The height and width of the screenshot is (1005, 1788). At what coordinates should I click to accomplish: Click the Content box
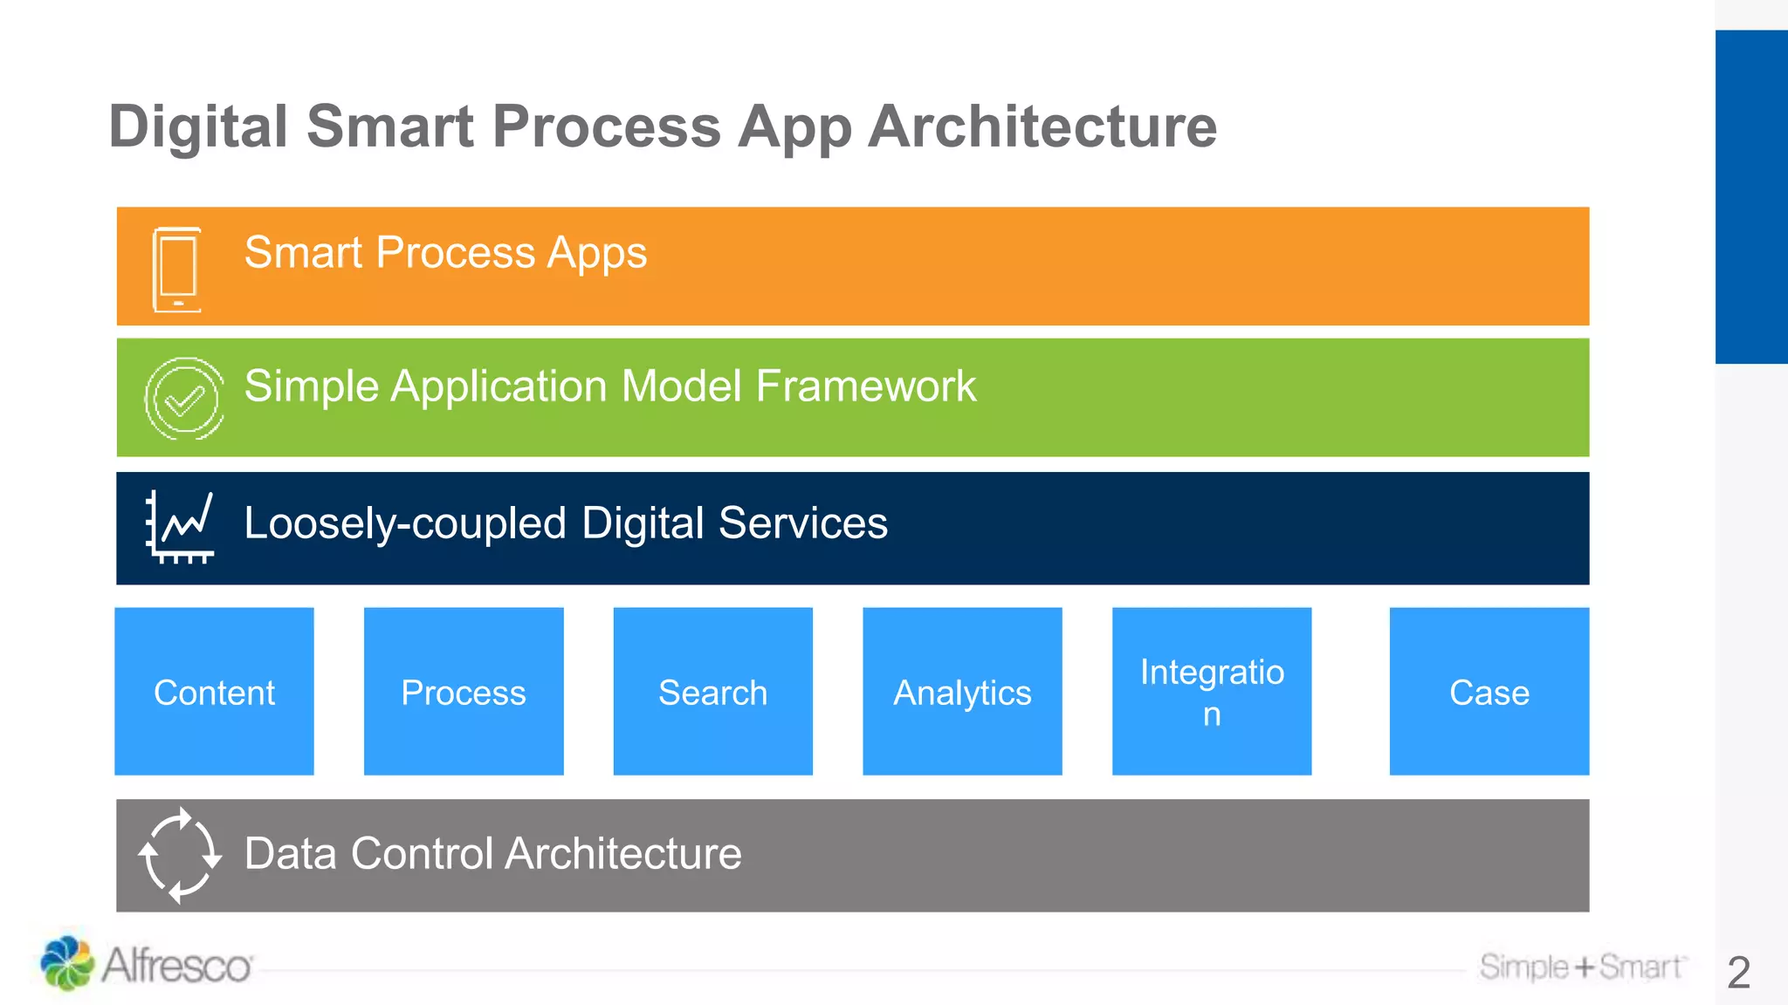tap(214, 691)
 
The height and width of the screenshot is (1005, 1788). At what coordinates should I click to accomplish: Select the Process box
tap(464, 691)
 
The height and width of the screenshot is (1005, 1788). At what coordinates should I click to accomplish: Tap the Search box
tap(712, 691)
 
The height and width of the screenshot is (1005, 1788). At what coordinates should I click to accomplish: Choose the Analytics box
tap(962, 691)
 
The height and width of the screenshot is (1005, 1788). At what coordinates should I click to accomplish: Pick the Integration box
tap(1212, 691)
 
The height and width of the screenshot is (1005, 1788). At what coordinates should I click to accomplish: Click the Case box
tap(1489, 691)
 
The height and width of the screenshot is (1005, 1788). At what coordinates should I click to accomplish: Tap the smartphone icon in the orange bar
tap(177, 269)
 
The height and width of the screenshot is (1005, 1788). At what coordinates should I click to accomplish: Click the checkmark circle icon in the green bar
tap(184, 399)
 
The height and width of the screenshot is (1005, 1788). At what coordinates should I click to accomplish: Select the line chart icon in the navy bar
tap(181, 527)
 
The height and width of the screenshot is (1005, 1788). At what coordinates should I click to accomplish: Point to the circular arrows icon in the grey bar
tap(180, 855)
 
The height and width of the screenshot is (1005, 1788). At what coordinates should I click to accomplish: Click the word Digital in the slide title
tap(198, 127)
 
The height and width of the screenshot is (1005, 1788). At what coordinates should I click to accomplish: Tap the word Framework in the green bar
tap(865, 386)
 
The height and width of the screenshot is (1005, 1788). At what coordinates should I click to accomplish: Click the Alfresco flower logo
tap(67, 963)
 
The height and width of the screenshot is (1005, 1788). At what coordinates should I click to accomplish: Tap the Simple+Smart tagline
tap(1581, 967)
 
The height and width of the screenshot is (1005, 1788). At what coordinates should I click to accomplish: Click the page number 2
tap(1738, 972)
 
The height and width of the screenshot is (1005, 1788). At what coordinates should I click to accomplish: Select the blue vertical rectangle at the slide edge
tap(1750, 196)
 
